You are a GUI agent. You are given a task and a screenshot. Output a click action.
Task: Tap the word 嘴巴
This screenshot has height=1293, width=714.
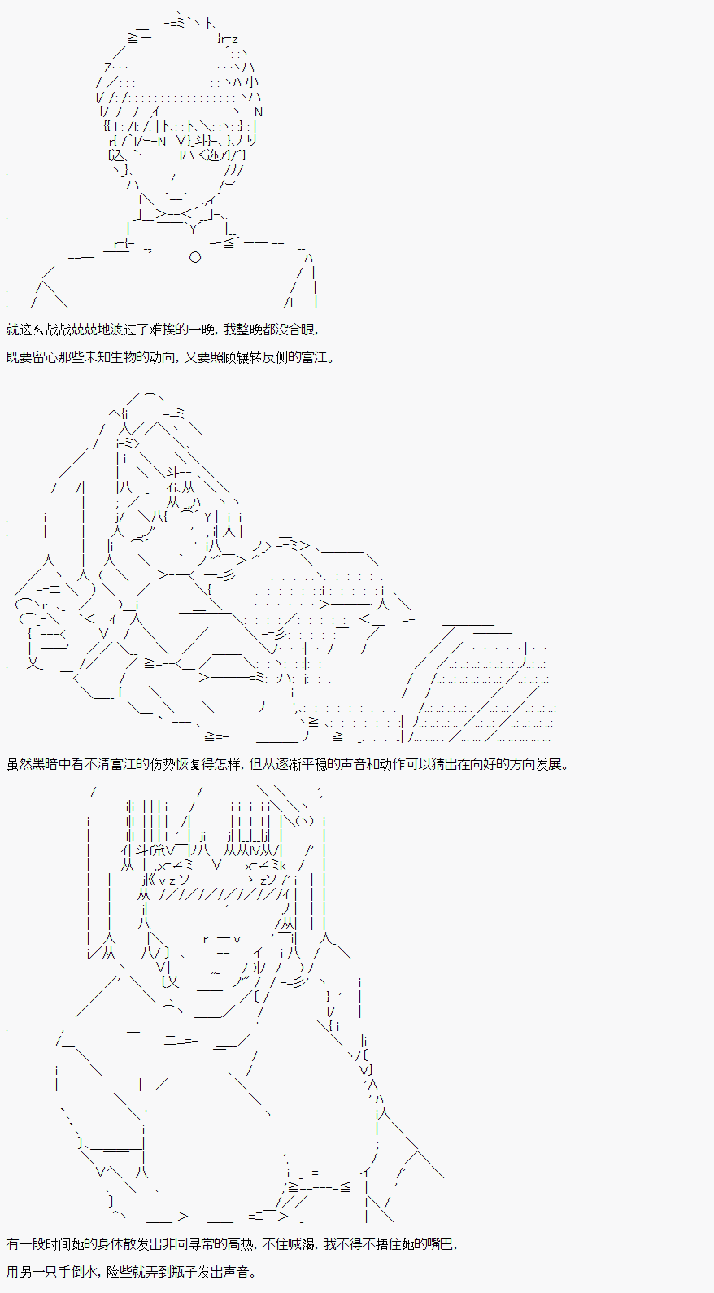(x=442, y=1244)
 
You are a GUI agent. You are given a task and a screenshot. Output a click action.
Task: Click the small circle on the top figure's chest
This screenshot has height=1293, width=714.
(x=194, y=257)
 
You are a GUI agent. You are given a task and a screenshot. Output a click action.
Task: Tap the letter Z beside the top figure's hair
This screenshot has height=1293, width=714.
(x=108, y=68)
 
